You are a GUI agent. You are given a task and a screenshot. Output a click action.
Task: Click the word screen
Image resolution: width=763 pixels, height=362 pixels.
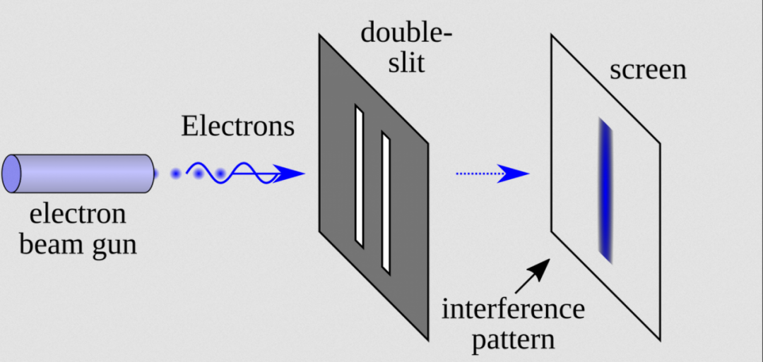647,70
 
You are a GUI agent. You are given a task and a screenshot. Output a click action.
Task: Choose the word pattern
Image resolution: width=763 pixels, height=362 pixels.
514,339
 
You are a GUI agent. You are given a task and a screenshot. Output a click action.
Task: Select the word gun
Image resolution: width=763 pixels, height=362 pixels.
115,247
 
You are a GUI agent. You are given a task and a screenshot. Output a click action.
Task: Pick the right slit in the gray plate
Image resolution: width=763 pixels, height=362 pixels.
386,203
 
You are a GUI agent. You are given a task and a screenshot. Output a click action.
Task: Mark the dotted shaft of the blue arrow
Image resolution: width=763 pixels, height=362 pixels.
477,173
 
